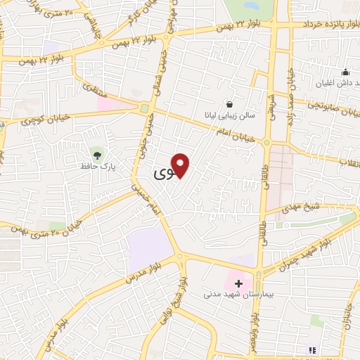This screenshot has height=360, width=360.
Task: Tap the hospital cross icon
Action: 239,284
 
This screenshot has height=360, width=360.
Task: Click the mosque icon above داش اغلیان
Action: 345,72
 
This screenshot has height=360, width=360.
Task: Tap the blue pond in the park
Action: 250,5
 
